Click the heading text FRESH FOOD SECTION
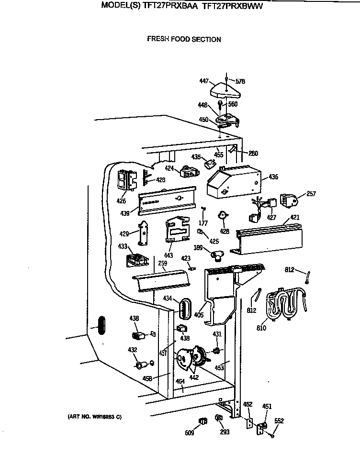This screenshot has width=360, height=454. (x=184, y=40)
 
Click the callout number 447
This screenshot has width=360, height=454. (x=204, y=81)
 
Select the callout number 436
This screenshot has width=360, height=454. (x=273, y=177)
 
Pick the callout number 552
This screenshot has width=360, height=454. (x=279, y=421)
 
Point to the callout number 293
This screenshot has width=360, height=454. (x=225, y=432)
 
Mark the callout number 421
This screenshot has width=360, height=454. (x=295, y=218)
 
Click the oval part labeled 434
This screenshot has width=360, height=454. (x=184, y=307)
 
